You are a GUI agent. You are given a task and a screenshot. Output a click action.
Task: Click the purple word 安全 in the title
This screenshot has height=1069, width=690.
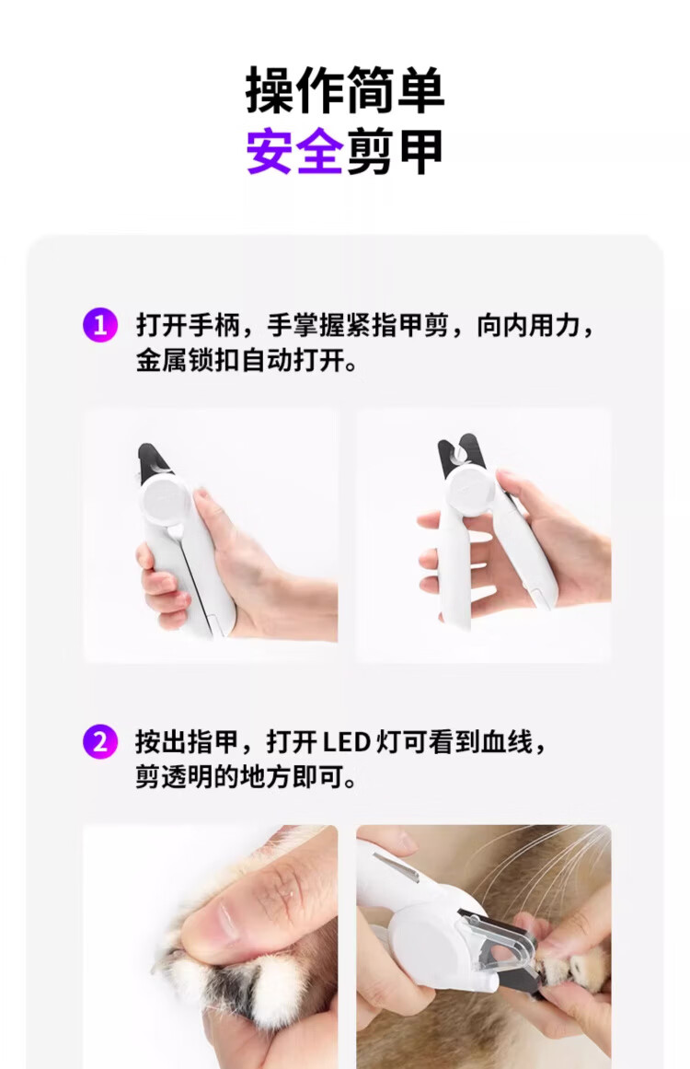294,151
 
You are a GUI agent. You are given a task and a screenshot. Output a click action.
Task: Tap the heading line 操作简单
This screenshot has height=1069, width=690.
345,89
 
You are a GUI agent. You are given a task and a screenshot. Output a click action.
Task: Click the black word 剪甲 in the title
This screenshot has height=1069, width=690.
395,151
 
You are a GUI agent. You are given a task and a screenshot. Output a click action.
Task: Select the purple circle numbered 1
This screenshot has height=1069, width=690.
100,324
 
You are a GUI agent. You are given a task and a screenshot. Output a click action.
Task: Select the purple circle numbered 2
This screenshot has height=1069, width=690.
100,741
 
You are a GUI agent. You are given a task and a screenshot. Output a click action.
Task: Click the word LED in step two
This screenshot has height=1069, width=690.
346,742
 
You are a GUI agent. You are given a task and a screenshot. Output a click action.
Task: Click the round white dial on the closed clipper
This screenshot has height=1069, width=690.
167,501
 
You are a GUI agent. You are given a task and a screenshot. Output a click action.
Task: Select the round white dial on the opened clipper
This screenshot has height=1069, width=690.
471,487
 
